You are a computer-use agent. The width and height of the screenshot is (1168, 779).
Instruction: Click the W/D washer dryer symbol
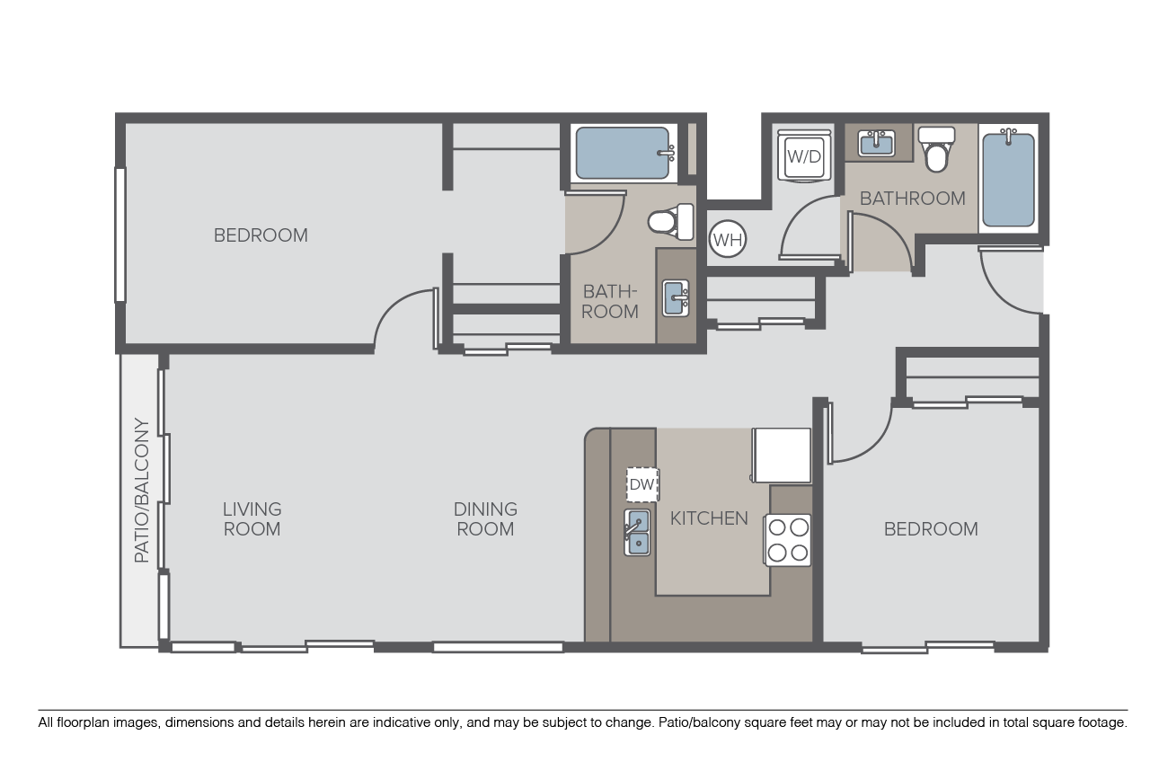(x=804, y=155)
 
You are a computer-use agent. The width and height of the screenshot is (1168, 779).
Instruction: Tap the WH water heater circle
(x=728, y=239)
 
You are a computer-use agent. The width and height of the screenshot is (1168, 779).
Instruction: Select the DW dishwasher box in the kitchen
(x=642, y=484)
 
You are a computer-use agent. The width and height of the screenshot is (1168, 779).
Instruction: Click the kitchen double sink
(x=637, y=533)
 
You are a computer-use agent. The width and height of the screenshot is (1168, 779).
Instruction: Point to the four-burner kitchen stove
(x=787, y=540)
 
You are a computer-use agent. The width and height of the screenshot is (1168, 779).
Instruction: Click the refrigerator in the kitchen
(x=781, y=456)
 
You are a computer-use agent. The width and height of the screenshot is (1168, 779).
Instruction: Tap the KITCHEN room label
(x=709, y=518)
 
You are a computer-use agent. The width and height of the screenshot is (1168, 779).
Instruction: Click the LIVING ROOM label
(x=252, y=518)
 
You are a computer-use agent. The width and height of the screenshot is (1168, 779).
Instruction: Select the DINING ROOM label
(x=485, y=518)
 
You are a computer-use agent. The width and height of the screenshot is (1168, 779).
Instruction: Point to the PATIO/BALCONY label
(x=141, y=491)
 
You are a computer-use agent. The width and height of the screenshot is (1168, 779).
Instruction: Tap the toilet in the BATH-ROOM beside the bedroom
(x=671, y=222)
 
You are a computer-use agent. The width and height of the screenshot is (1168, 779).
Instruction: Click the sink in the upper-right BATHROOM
(x=877, y=143)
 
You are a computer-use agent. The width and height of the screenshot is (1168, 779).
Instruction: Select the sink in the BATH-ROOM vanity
(x=676, y=298)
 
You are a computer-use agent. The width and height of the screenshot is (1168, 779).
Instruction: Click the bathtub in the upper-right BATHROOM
(x=1008, y=178)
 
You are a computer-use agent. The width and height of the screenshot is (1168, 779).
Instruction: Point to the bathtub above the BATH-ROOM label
(x=624, y=154)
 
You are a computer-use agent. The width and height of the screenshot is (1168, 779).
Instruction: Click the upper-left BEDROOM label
(x=261, y=235)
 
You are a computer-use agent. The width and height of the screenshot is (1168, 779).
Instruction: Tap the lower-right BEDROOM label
(x=931, y=529)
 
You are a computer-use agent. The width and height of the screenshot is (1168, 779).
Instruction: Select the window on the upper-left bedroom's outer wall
(x=120, y=235)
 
